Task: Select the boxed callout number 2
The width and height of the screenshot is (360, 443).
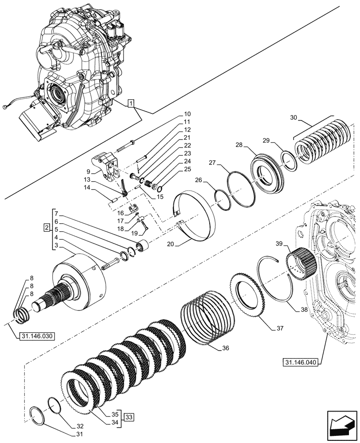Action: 46,228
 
